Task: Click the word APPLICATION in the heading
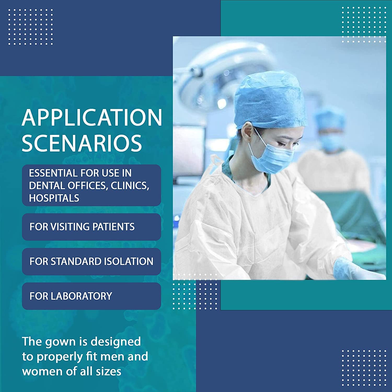[x=92, y=117]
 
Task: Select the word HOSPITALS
[x=54, y=198]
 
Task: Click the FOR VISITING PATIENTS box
[x=91, y=227]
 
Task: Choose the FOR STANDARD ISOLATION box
[x=91, y=261]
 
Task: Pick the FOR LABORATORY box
[x=91, y=296]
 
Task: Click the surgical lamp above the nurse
[x=225, y=76]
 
